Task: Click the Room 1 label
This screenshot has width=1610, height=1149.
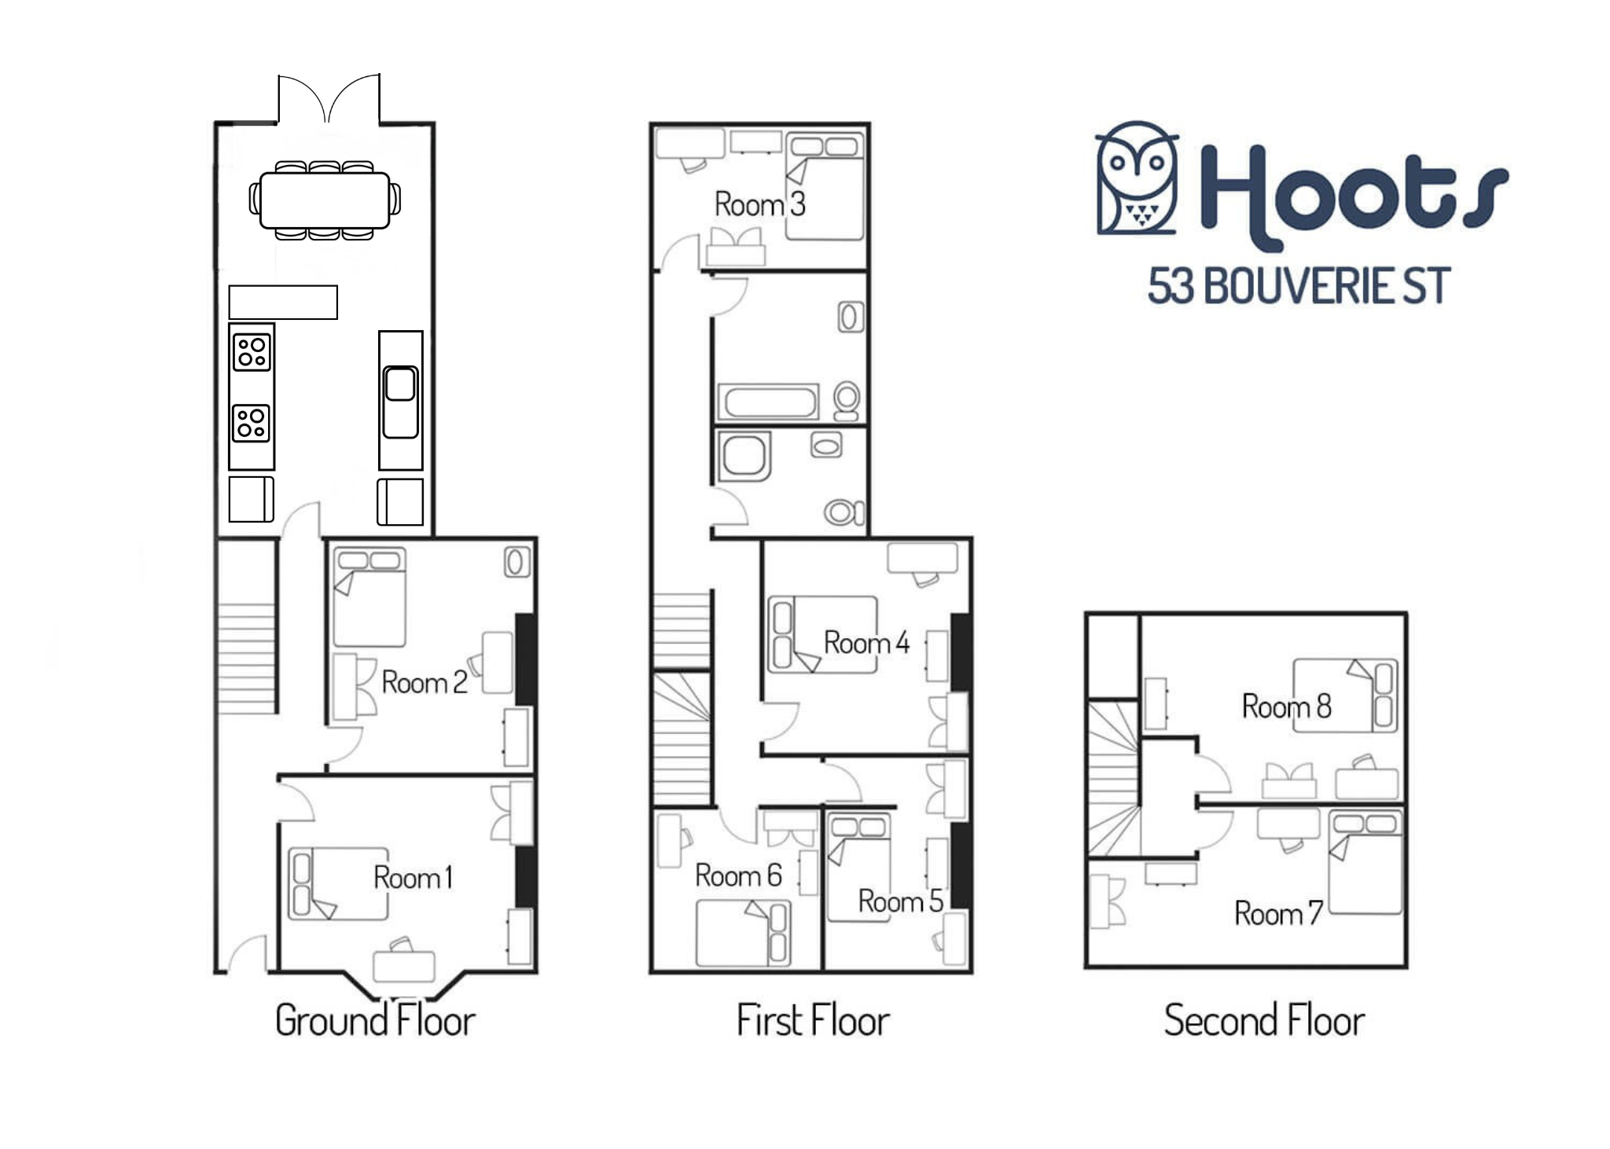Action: coord(414,877)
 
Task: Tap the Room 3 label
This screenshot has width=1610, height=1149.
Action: coord(760,204)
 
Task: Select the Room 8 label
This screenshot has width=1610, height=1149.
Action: coord(1287,706)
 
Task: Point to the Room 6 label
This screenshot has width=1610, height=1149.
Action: coord(738,876)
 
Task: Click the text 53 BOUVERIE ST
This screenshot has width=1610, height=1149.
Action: coord(1299,286)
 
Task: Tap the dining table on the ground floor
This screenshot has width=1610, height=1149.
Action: coord(325,200)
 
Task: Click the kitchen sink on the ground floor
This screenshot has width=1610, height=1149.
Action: coord(400,402)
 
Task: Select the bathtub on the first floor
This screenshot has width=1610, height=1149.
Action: coord(769,402)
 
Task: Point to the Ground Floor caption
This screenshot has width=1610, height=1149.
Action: coord(375,1020)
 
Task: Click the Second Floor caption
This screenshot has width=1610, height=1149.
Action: coord(1264,1020)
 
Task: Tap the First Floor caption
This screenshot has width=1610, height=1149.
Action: coord(813,1020)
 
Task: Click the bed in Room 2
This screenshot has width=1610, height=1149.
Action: coord(369,597)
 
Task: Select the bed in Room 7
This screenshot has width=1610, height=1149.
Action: coord(1366,863)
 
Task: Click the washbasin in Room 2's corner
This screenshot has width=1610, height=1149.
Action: coord(516,562)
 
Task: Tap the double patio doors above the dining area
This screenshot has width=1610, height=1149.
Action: coord(329,99)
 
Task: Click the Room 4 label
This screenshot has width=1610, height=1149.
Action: coord(866,642)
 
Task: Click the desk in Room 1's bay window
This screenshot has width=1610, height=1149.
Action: coord(404,966)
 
